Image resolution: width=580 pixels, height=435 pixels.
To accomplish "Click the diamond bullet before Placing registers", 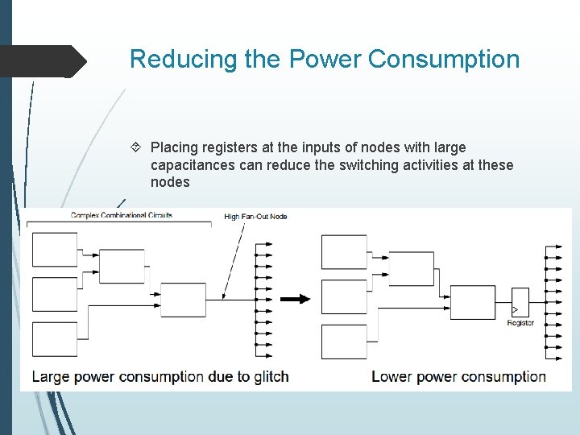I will [x=137, y=147].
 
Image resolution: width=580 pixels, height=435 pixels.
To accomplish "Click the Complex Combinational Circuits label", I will [x=122, y=215].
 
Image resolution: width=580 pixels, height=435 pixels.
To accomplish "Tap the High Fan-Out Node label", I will [x=255, y=216].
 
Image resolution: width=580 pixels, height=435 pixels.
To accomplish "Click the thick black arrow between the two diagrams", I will [x=295, y=299].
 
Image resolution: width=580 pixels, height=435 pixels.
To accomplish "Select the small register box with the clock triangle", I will [x=520, y=301].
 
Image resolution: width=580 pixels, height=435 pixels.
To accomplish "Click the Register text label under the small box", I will [x=520, y=323].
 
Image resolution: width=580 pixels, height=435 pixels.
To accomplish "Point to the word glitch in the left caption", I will [x=269, y=376].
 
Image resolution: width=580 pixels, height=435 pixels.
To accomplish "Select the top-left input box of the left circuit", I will [x=55, y=250].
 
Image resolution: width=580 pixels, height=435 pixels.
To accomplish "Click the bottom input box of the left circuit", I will [x=55, y=339].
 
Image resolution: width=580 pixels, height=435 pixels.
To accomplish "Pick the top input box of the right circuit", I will [x=344, y=251].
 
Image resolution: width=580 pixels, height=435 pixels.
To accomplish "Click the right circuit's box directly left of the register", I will [x=473, y=301].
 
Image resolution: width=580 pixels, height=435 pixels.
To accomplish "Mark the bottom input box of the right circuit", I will [x=344, y=342].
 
